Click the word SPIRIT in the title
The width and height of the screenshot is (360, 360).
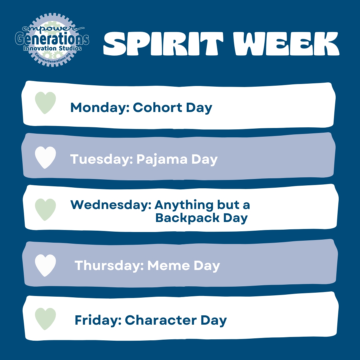point(163,43)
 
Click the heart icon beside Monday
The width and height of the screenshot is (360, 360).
point(45,103)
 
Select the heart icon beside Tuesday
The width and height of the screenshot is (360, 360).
point(45,157)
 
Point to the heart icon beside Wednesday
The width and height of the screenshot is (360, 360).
point(45,210)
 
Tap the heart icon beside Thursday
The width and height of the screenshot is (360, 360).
point(45,265)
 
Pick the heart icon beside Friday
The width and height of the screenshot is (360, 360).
point(45,319)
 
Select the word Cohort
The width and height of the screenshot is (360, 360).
point(157,107)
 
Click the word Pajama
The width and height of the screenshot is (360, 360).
point(162,159)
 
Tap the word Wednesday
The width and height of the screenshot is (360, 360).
point(111,205)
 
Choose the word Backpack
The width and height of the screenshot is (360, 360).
point(187,218)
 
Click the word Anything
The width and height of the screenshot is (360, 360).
point(184,205)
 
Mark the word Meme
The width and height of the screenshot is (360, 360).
point(169,265)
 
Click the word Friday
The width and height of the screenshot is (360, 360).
point(98,320)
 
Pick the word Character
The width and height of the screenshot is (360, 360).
point(161,320)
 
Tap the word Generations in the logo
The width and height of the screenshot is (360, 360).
point(52,39)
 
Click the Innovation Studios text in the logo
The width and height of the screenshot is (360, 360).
point(53,48)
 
